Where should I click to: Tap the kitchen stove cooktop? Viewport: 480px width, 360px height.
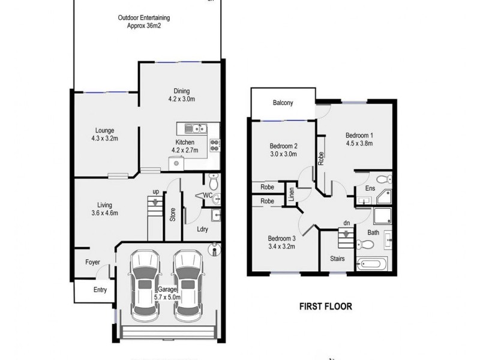[x=214, y=145]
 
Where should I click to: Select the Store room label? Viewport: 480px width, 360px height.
[x=172, y=215]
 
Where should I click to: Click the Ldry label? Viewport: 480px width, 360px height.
[x=202, y=229]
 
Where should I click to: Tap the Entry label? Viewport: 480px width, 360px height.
[x=100, y=290]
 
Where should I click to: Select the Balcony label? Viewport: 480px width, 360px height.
[x=283, y=103]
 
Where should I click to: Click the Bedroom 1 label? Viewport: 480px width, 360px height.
[x=359, y=139]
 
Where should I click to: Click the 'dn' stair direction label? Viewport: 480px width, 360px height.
[x=346, y=222]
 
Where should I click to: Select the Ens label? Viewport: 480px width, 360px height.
[x=370, y=188]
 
